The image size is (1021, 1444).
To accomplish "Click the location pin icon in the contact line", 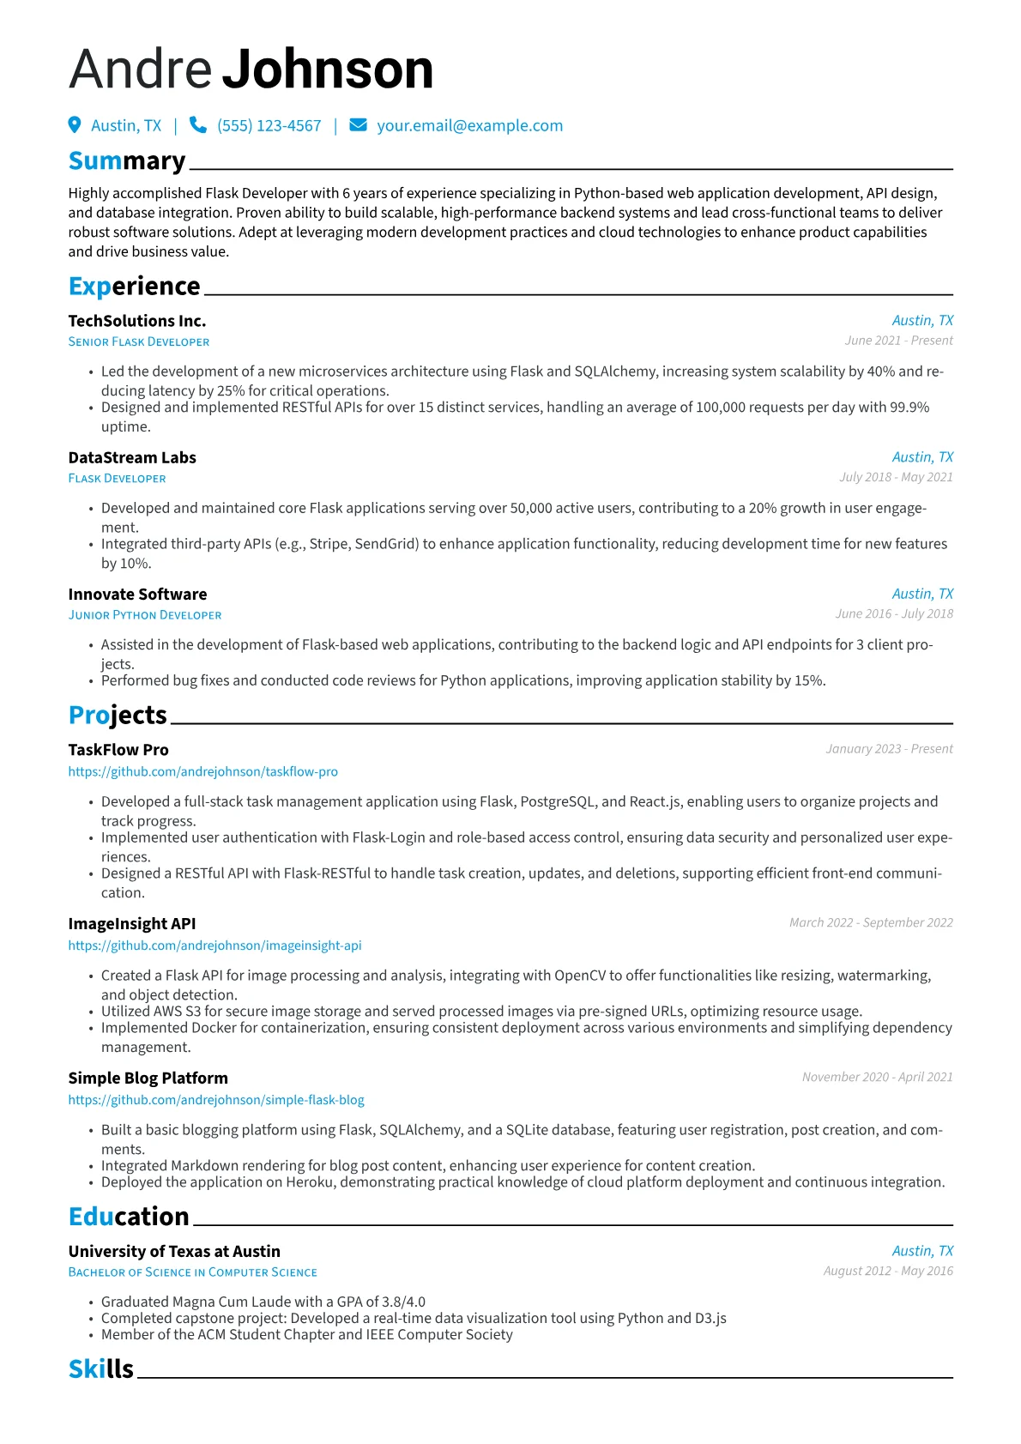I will point(75,125).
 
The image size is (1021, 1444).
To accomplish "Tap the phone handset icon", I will point(198,125).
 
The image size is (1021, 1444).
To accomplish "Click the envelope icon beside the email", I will point(358,125).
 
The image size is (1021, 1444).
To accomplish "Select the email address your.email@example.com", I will point(469,126).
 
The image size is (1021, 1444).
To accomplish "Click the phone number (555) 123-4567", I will point(269,126).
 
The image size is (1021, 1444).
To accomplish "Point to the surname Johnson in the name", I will point(329,69).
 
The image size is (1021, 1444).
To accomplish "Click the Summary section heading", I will point(127,161).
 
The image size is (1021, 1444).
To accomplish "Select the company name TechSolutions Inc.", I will point(137,321).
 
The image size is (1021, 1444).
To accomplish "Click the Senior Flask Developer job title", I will point(139,341).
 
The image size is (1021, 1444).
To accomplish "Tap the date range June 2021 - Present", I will point(898,341).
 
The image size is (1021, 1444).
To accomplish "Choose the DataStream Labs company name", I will point(132,457).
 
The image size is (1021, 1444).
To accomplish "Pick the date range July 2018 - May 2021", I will point(896,477).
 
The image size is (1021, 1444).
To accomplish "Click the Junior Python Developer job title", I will point(145,615).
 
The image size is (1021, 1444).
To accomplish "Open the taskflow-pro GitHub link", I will point(203,771).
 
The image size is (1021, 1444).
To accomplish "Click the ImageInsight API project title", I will point(132,923).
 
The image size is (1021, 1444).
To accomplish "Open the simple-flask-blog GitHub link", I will point(216,1099).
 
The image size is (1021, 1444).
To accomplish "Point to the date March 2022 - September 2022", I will point(871,922).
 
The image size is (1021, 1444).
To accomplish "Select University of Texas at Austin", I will point(174,1251).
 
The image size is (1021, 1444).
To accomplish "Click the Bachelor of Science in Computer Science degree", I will point(193,1272).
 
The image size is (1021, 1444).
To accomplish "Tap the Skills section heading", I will point(101,1368).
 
